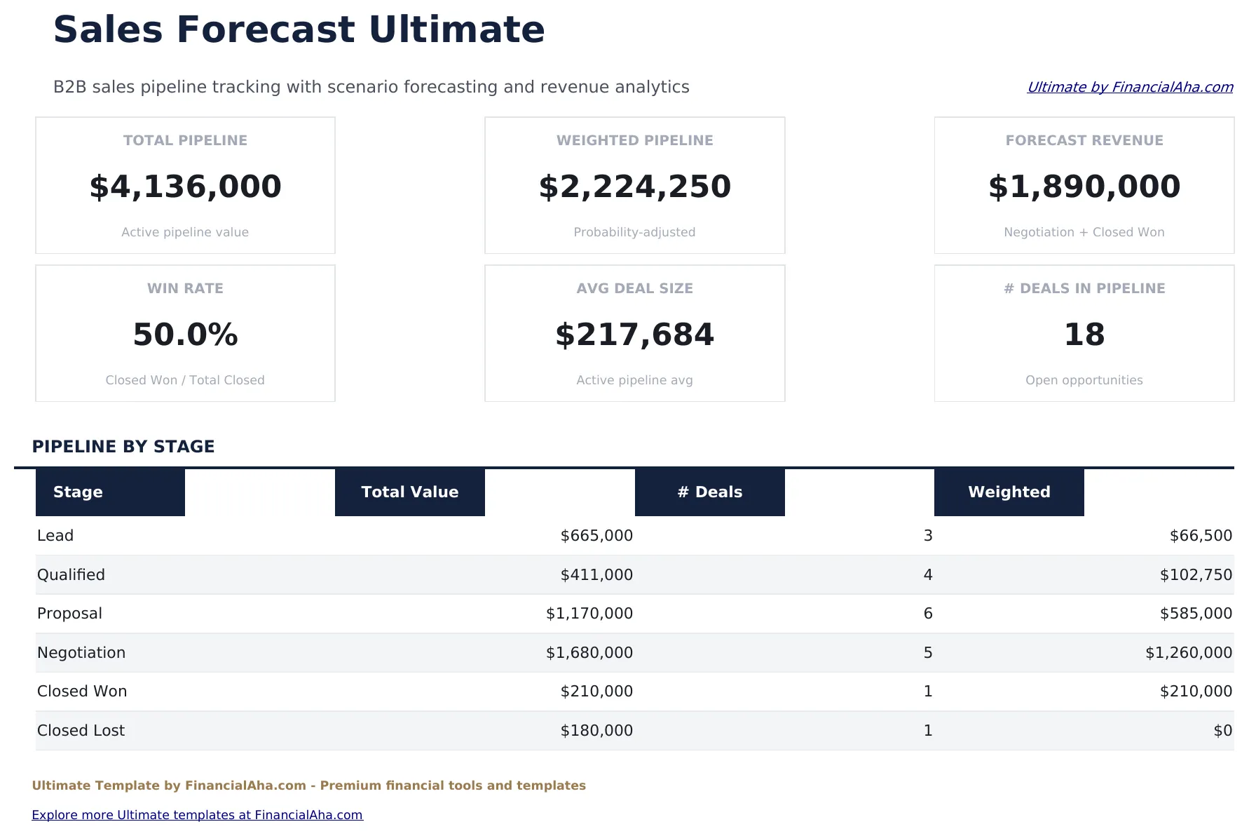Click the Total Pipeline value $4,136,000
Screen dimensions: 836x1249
tap(185, 187)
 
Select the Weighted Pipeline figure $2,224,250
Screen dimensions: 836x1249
tap(634, 187)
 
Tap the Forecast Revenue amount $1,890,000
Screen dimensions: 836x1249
tap(1084, 187)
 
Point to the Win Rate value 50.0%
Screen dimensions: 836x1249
tap(185, 335)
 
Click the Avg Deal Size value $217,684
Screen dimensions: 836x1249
tap(634, 335)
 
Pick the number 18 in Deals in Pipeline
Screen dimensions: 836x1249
tap(1084, 335)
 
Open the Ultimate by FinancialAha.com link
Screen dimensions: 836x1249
tap(1129, 87)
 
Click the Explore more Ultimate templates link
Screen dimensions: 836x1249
tap(197, 815)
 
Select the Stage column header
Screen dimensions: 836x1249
tap(78, 492)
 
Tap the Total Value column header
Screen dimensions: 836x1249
tap(409, 492)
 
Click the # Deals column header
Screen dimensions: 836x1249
tap(709, 492)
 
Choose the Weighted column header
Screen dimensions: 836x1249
tap(1009, 492)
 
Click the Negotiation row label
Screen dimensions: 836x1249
tap(81, 653)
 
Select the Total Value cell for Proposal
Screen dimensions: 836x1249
tap(589, 614)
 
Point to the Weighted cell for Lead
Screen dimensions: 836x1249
tap(1200, 536)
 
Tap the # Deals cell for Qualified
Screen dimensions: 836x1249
tap(927, 575)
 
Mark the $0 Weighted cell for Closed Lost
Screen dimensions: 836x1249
tap(1222, 731)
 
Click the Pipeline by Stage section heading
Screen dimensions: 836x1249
tap(123, 447)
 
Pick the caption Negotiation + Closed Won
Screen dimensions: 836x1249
tap(1084, 232)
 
